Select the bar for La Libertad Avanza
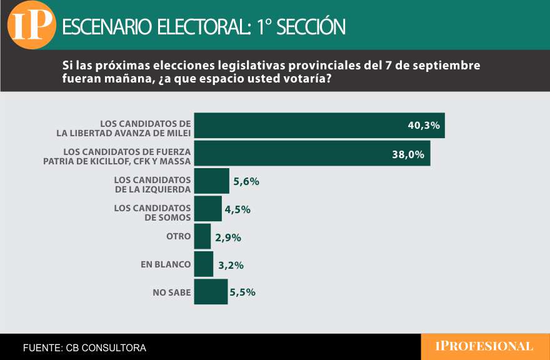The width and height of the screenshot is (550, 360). click(x=319, y=126)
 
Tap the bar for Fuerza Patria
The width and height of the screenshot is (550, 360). click(x=312, y=153)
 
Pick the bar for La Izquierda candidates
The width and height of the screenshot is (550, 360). click(x=212, y=181)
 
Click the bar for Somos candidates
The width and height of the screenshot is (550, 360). click(x=208, y=209)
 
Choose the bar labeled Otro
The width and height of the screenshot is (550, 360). click(x=202, y=236)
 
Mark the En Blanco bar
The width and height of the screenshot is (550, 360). click(x=204, y=264)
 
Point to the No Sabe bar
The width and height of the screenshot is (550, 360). click(x=211, y=291)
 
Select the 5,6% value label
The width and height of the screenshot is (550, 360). click(x=246, y=181)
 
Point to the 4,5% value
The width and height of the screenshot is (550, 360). click(x=237, y=209)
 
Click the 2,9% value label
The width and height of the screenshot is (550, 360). click(x=227, y=237)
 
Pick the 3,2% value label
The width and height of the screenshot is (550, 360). click(x=231, y=265)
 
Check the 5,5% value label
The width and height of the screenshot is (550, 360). click(x=242, y=292)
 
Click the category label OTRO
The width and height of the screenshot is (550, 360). click(x=178, y=237)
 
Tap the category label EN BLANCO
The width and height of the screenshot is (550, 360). click(x=166, y=264)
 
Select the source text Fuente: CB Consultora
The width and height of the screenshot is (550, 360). click(x=84, y=347)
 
